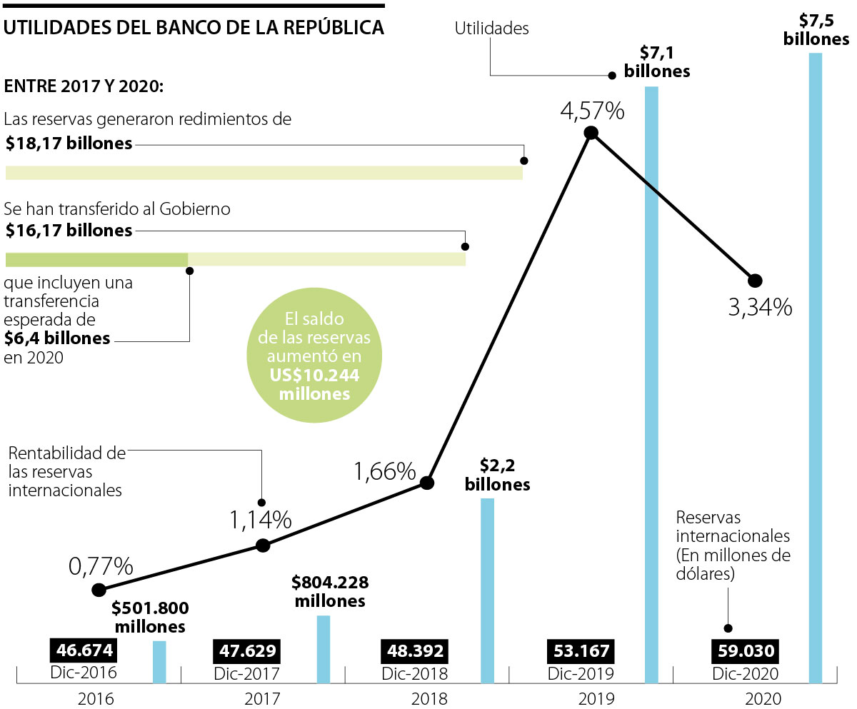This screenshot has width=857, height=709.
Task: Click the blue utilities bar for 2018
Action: [x=487, y=590]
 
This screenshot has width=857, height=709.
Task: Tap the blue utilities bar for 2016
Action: [x=159, y=662]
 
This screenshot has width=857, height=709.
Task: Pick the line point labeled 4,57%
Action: [x=591, y=132]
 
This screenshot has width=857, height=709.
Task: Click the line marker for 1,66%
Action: [x=427, y=483]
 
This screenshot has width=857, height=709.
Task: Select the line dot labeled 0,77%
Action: [x=99, y=590]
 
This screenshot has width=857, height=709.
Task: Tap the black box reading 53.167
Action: [x=578, y=651]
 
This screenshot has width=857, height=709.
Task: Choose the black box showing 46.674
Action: [x=83, y=651]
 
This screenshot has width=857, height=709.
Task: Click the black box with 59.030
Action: [x=744, y=651]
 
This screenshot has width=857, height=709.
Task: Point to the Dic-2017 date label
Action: [x=246, y=673]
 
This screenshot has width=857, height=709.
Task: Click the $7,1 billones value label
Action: [x=656, y=62]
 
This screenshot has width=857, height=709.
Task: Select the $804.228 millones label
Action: [x=329, y=592]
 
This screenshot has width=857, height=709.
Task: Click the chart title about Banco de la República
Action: [x=194, y=28]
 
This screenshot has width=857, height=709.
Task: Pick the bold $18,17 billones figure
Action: [x=69, y=144]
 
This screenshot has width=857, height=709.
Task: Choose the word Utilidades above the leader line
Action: [x=492, y=29]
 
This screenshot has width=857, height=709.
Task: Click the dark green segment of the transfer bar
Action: [x=96, y=259]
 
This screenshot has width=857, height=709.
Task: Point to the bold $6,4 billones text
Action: [x=58, y=338]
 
